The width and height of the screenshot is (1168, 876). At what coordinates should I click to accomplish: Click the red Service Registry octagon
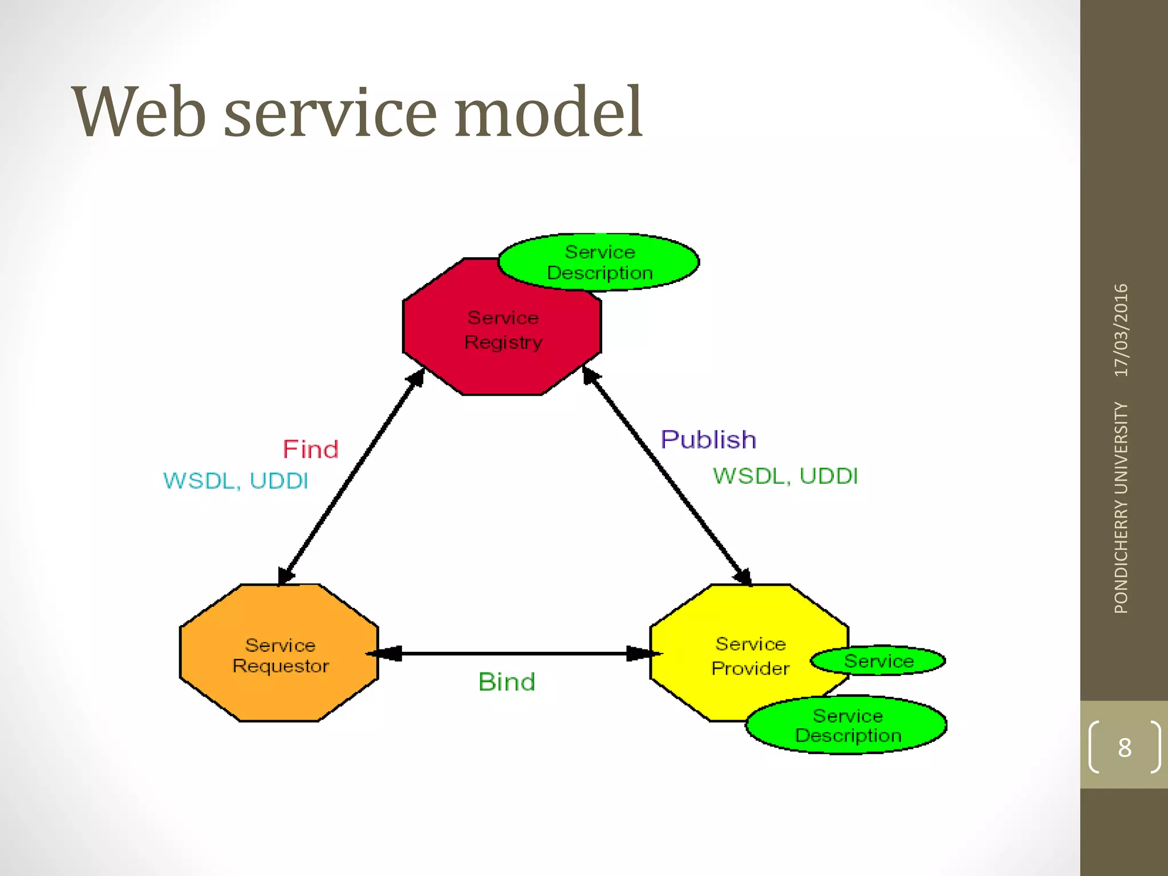pyautogui.click(x=502, y=336)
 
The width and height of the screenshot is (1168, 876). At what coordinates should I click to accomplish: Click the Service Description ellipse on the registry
pyautogui.click(x=599, y=262)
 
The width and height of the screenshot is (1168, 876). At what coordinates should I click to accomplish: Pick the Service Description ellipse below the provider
pyautogui.click(x=847, y=725)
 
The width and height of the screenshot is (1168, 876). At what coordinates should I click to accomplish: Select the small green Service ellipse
pyautogui.click(x=878, y=661)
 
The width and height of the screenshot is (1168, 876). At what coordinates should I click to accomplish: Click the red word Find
pyautogui.click(x=311, y=449)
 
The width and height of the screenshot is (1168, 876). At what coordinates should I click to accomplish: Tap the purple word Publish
pyautogui.click(x=708, y=440)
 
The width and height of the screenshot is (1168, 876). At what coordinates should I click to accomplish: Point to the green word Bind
pyautogui.click(x=506, y=682)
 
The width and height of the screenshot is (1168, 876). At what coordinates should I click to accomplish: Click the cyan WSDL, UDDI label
pyautogui.click(x=236, y=481)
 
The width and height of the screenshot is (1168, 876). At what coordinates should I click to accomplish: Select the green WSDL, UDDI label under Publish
pyautogui.click(x=785, y=476)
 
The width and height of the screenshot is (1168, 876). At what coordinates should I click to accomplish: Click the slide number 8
pyautogui.click(x=1124, y=748)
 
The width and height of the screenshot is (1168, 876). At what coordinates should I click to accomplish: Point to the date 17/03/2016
pyautogui.click(x=1121, y=330)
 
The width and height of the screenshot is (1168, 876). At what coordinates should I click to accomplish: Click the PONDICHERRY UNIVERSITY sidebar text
pyautogui.click(x=1121, y=508)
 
